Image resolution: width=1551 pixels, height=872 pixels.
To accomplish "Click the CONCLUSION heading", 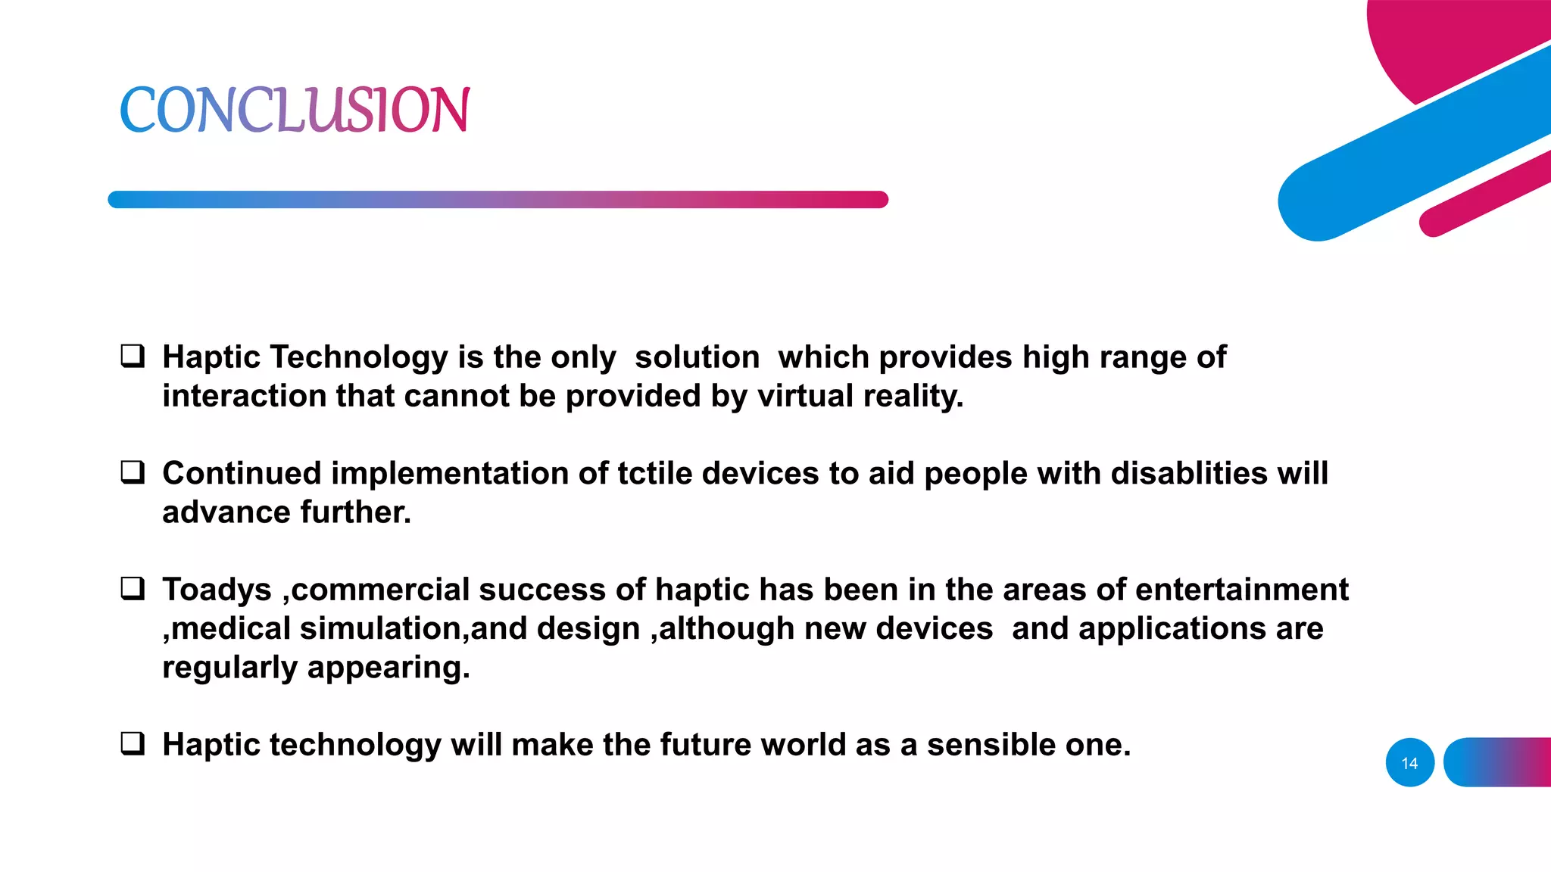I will coord(295,110).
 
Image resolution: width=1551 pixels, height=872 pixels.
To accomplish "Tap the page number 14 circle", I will coord(1409,762).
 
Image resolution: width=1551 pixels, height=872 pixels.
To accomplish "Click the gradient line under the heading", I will coord(498,200).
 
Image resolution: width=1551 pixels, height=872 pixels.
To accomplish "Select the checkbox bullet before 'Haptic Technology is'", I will coord(133,356).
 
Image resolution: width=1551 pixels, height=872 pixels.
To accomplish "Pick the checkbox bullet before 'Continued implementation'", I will coord(133,472).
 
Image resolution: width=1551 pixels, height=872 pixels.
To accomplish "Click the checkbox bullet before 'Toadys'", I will coord(133,588).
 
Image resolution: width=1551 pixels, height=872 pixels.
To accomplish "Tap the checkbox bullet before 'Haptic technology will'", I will coord(133,743).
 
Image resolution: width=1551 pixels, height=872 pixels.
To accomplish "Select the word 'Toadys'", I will coord(217,590).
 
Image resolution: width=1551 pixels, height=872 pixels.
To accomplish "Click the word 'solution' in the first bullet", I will coord(697,357).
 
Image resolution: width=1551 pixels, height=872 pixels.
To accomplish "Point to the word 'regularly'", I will coord(229,668).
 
